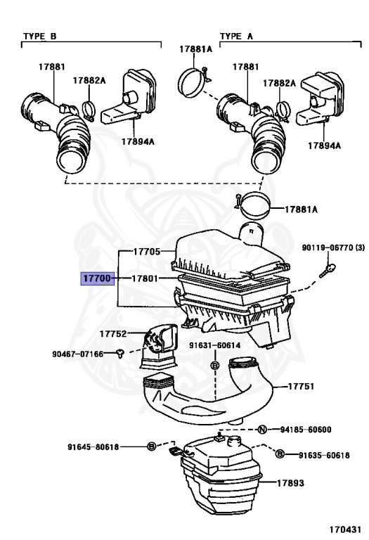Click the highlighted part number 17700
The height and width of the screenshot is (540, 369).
pos(96,279)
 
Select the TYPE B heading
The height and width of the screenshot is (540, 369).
pos(41,35)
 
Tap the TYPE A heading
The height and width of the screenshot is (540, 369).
pos(236,35)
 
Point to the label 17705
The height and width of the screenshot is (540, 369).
pos(147,251)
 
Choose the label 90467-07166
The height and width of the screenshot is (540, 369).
pos(79,353)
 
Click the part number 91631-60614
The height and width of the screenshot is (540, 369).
pos(214,345)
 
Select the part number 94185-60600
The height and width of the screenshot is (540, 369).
pos(306,430)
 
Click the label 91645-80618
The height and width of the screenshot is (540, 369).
pos(93,446)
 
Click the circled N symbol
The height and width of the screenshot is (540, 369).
pos(261,430)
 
